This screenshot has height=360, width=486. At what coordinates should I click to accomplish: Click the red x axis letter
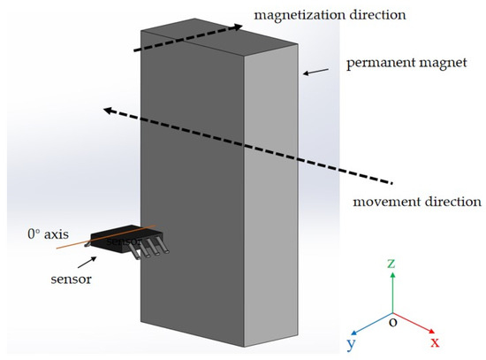[x=435, y=341]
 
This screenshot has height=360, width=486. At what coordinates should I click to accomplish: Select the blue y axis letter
[x=351, y=342]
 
